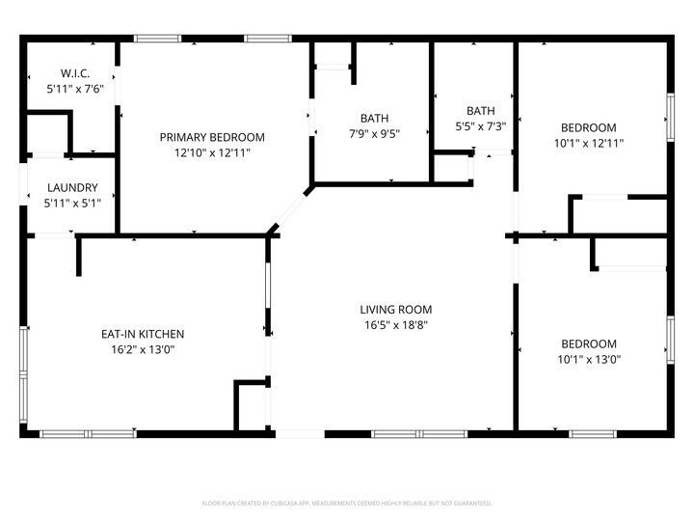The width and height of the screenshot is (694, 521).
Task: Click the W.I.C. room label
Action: pos(74,73)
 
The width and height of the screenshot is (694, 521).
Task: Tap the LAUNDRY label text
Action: pos(71,188)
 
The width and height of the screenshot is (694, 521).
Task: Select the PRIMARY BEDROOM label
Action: pos(212,137)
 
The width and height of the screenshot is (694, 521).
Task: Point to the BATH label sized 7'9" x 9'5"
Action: pos(374,119)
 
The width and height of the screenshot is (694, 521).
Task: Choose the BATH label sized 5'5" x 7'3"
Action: pos(480,111)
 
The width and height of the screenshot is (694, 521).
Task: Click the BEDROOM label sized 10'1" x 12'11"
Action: pos(589,127)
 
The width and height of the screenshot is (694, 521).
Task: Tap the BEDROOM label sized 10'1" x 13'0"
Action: pos(589,343)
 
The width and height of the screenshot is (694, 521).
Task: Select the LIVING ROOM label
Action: pos(395,310)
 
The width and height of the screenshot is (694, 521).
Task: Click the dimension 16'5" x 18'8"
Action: pos(395,325)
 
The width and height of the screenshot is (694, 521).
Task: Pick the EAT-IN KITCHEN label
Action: pos(143,334)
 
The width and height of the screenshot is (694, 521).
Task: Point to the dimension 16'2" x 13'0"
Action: pos(143,349)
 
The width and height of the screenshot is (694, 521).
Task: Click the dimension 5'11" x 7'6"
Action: pos(74,89)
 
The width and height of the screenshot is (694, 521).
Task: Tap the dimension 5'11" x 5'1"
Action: pos(71,204)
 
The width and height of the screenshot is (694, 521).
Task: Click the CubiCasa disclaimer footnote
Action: pos(347,503)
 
